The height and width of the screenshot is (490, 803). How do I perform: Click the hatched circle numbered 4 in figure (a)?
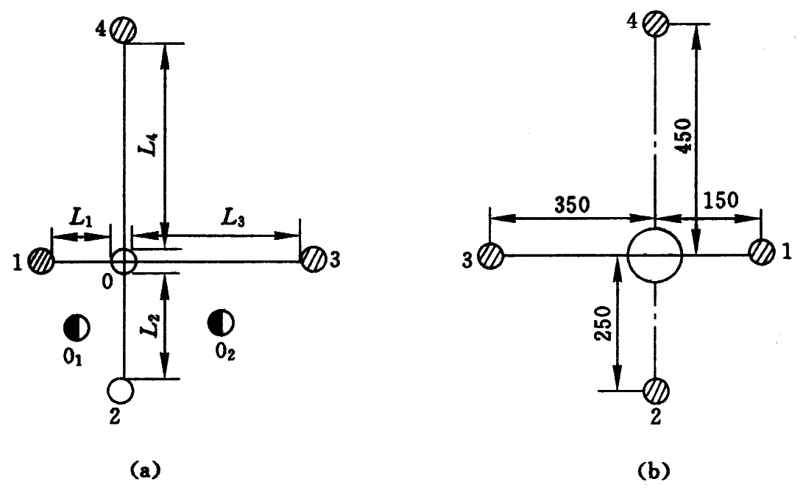point(124,29)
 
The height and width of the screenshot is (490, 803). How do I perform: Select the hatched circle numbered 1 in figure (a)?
point(41,260)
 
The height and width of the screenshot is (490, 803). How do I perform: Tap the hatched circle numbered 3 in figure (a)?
point(313,258)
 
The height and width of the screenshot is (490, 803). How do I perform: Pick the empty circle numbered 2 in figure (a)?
point(121,391)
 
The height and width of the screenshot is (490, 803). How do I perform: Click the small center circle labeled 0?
point(124,262)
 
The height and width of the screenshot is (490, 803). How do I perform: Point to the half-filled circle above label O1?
point(77,327)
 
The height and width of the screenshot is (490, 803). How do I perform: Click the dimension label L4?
point(151,144)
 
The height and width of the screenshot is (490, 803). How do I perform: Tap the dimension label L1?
point(82,219)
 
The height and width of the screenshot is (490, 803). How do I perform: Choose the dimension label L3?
point(233,219)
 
